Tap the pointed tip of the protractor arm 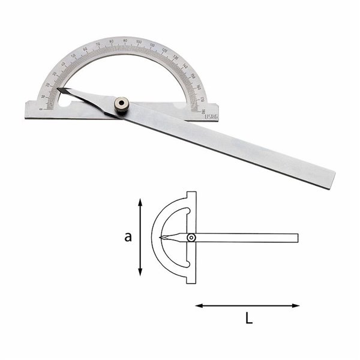click(x=59, y=90)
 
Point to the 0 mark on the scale click(x=41, y=109)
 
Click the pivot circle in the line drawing click(x=190, y=238)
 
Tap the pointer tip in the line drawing click(x=161, y=238)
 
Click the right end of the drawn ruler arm click(x=297, y=238)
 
